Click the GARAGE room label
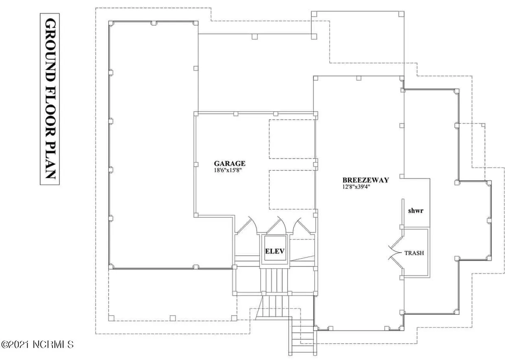point(230,163)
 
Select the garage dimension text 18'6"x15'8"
point(228,170)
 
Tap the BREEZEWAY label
point(366,180)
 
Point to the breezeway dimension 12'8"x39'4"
point(356,187)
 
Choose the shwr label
point(416,211)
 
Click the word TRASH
point(414,253)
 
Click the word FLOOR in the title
point(50,111)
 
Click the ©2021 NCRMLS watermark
point(37,345)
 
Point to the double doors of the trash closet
point(396,253)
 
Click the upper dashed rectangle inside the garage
point(292,139)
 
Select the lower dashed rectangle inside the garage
point(292,190)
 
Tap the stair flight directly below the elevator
point(275,281)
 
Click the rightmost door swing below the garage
point(302,226)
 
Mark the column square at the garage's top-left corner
point(196,114)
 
